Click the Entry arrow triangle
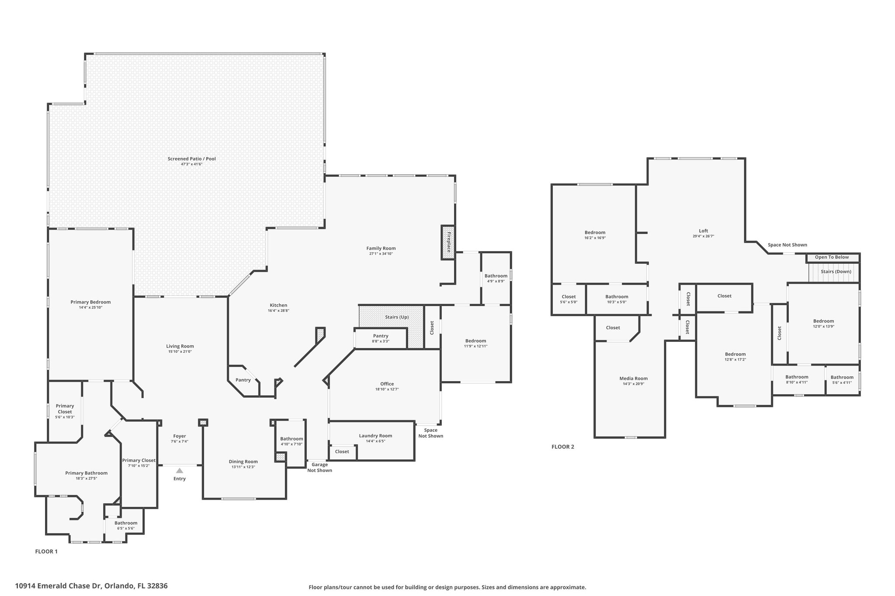coord(180,471)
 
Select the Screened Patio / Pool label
coord(192,159)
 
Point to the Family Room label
coord(381,248)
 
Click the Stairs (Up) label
coord(397,317)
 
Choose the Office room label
coord(387,384)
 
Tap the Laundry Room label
coord(375,436)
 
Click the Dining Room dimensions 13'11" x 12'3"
coord(243,467)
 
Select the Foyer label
coord(180,436)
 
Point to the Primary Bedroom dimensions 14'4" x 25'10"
coord(90,307)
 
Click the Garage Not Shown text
coord(319,468)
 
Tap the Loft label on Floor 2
coord(704,231)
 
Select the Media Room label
coord(634,379)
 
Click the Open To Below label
coord(832,257)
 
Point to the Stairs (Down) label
coord(836,272)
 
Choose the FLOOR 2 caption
coord(563,447)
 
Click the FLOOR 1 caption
coord(46,551)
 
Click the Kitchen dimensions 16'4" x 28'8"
coord(278,311)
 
